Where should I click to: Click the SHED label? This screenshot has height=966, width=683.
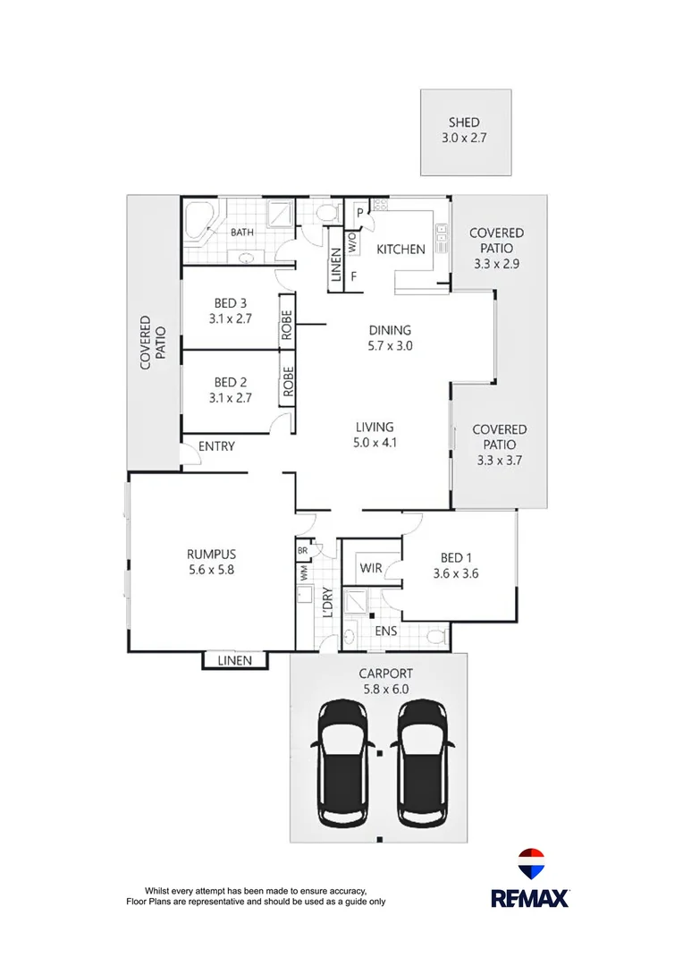pos(465,123)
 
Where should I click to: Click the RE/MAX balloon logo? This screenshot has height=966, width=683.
pos(531,865)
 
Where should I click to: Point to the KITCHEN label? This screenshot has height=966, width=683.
pos(400,249)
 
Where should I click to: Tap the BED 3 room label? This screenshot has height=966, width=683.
pos(231,303)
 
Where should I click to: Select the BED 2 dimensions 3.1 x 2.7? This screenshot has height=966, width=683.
pos(231,399)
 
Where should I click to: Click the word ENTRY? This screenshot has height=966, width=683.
pos(216,445)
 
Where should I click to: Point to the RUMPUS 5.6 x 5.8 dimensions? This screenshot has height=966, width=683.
pos(211,569)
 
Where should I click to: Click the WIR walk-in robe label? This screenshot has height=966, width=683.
pos(371,568)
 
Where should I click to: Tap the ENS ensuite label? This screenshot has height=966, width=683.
pos(386,630)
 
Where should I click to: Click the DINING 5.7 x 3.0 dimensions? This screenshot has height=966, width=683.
pos(390,345)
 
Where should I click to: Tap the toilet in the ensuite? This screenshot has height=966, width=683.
pos(436,637)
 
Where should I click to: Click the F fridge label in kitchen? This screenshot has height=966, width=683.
pos(354,276)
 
